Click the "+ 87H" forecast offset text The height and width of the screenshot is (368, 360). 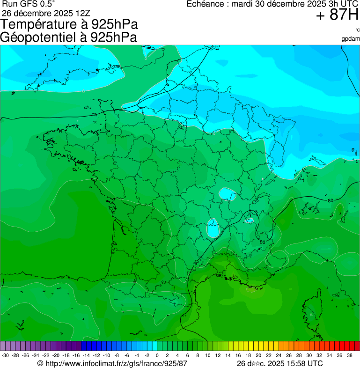[x=337, y=16]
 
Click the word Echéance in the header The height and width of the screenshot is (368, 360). [x=206, y=4]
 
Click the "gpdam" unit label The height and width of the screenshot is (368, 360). [x=351, y=39]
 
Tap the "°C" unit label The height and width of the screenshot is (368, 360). [x=357, y=30]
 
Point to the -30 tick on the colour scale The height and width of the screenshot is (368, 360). [x=6, y=356]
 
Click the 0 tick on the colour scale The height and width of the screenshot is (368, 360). [x=157, y=356]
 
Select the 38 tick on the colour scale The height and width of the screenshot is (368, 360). [x=349, y=356]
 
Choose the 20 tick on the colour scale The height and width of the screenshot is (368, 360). [x=258, y=356]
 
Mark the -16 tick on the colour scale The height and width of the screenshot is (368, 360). [x=76, y=356]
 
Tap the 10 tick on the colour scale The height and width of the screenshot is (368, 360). [x=207, y=356]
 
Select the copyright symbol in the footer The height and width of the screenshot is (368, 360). [x=40, y=363]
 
